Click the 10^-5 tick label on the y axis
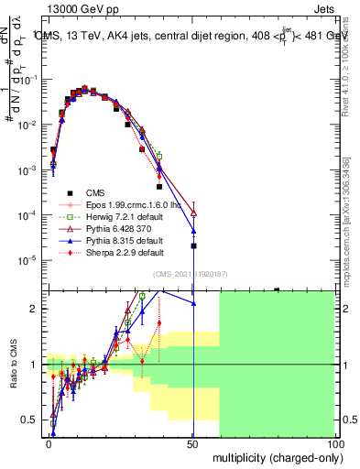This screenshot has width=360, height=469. [28, 260]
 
